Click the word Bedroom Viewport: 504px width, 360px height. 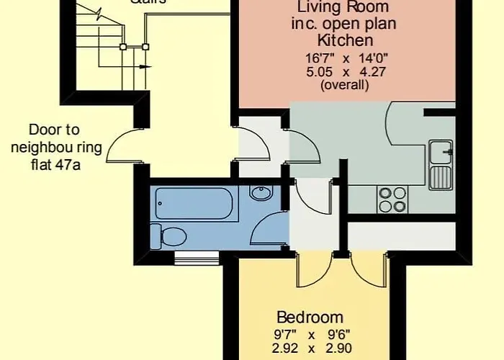pos(310,317)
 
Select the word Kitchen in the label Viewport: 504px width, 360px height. pos(346,40)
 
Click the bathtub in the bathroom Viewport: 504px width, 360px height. pos(197,204)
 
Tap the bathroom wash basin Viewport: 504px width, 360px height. pos(260,193)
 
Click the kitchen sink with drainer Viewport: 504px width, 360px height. pos(441,163)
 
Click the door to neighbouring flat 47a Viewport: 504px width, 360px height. pos(121,147)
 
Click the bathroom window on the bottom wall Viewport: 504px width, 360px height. pos(197,253)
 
